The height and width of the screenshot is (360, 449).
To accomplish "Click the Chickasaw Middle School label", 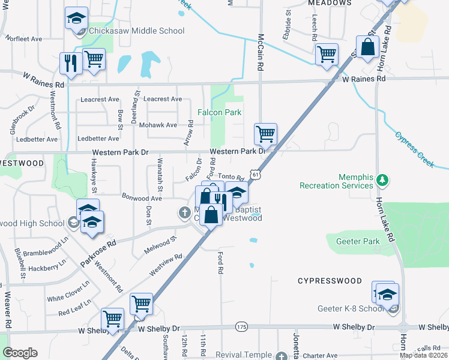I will (136, 31).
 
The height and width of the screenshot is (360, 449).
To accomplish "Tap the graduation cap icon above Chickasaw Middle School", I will (76, 18).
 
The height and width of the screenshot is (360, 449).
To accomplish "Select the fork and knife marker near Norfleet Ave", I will (71, 64).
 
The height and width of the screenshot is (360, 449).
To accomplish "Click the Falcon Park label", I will (220, 112).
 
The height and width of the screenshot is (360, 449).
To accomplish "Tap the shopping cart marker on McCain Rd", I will (265, 134).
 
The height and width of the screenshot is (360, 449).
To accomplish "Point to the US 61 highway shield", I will (256, 174).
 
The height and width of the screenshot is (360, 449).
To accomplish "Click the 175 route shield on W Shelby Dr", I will (241, 326).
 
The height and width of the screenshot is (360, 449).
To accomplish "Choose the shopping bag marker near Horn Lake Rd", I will (367, 47).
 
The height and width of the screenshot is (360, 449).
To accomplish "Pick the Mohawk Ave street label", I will (158, 125).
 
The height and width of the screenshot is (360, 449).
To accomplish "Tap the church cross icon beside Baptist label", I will (185, 212).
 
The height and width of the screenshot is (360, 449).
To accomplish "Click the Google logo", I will (20, 353).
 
